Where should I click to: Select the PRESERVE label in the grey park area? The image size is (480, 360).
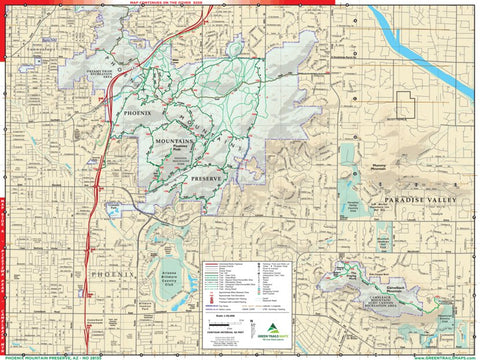coord(210,178)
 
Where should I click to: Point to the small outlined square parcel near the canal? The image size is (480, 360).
coord(404,105)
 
